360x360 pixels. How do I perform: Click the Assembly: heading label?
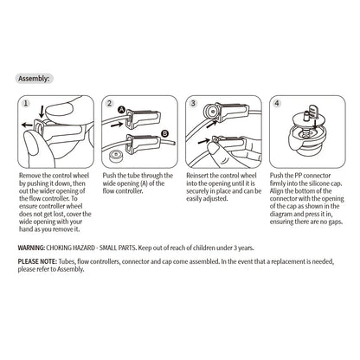[34, 79]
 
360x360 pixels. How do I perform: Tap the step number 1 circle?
[26, 103]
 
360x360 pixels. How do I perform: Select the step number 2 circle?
[110, 103]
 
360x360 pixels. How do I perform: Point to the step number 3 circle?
[193, 103]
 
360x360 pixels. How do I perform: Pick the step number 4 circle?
[277, 103]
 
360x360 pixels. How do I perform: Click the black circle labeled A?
[122, 110]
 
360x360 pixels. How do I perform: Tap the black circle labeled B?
[164, 133]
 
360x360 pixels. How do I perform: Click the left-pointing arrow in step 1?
[27, 125]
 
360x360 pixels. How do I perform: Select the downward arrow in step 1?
[42, 112]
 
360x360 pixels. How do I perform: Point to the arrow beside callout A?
[118, 125]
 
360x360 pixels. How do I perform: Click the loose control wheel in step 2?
[115, 157]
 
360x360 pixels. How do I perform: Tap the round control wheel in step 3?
[212, 111]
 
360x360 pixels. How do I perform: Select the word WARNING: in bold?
[31, 247]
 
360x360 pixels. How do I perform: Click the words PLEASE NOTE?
[37, 261]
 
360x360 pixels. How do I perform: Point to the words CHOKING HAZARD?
[71, 247]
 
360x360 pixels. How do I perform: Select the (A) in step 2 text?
[144, 183]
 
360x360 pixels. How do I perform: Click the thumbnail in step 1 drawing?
[59, 110]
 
